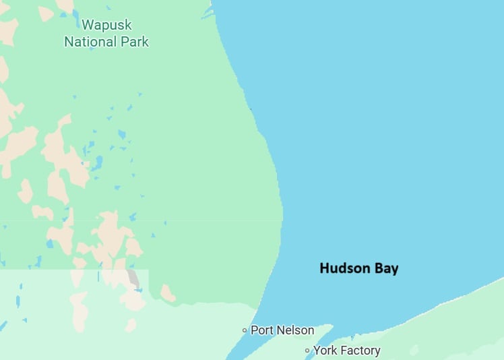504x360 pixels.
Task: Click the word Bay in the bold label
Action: (x=387, y=269)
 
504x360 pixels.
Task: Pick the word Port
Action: (x=261, y=330)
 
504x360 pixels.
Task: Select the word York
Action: (x=325, y=351)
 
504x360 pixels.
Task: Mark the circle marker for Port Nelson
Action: (x=245, y=330)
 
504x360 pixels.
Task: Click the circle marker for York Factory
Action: (x=307, y=351)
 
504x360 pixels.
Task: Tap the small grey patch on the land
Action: (x=133, y=278)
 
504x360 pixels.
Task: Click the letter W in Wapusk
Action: (x=87, y=26)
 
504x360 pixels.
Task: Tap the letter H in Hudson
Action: (x=324, y=268)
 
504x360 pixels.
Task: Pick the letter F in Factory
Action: (x=343, y=351)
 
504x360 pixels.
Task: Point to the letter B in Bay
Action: (x=381, y=268)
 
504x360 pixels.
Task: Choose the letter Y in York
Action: (x=316, y=351)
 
